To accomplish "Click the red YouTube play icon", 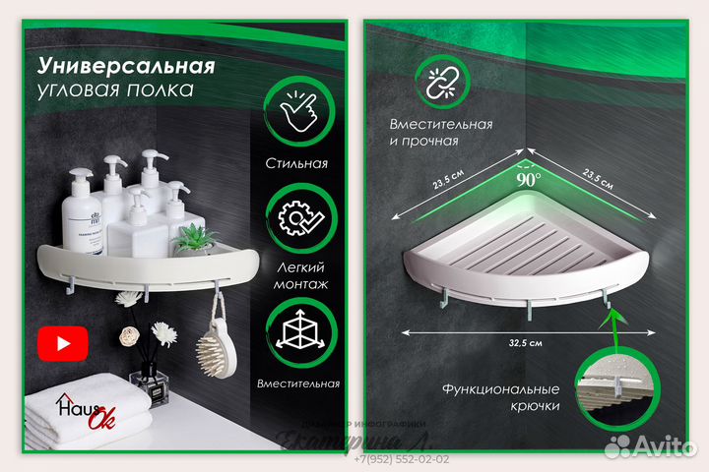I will click(63, 343).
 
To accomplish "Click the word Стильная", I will click(296, 164).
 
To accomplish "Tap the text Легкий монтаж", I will click(296, 274).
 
